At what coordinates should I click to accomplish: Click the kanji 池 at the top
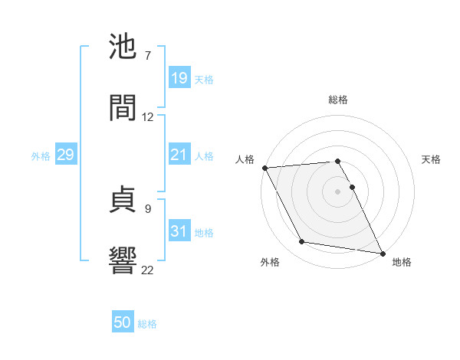coord(123,47)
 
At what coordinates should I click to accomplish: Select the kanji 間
coord(123,109)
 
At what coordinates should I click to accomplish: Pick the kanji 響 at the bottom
coord(123,260)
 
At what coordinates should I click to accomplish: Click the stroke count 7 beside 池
coord(148,56)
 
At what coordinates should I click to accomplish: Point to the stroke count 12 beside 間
coord(148,117)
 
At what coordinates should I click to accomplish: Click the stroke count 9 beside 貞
coord(148,207)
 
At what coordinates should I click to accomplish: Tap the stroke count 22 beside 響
coord(148,269)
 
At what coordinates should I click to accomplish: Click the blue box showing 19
coord(179,78)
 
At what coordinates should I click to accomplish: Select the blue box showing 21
coord(179,155)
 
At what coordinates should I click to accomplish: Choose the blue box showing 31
coord(179,231)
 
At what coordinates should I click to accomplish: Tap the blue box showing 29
coord(65,155)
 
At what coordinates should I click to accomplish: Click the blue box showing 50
coord(123,323)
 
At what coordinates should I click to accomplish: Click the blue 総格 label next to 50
coord(147,324)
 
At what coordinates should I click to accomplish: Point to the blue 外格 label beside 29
coord(41,155)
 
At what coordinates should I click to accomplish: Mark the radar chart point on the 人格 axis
coord(264,168)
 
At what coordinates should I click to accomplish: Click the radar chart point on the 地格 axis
coord(381,252)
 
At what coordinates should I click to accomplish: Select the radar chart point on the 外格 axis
coord(302,242)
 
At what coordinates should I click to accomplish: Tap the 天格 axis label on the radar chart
coord(432,159)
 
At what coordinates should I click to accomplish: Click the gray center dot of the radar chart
coord(337,191)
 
